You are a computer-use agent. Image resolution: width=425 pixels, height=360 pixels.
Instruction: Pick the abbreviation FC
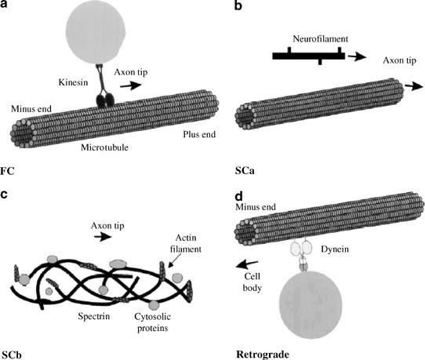(10, 168)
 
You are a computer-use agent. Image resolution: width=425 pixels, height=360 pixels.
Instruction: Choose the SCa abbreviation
(247, 168)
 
